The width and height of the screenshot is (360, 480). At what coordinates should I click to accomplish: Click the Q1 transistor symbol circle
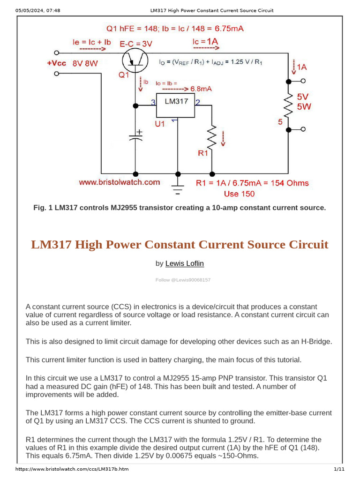pyautogui.click(x=135, y=60)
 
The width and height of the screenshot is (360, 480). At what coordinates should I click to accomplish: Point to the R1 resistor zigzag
pyautogui.click(x=212, y=137)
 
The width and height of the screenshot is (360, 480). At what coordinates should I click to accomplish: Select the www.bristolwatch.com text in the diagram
pyautogui.click(x=119, y=182)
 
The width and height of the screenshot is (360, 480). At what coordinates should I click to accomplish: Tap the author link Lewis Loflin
pyautogui.click(x=185, y=264)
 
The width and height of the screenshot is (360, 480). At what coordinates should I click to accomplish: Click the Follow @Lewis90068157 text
pyautogui.click(x=183, y=280)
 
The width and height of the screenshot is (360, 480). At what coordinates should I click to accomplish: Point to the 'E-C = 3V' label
pyautogui.click(x=136, y=44)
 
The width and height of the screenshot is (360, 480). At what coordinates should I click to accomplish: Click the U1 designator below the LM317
pyautogui.click(x=160, y=124)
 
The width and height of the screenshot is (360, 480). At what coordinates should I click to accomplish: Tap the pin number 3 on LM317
pyautogui.click(x=153, y=102)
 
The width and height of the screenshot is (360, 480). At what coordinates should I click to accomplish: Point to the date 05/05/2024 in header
pyautogui.click(x=30, y=10)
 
